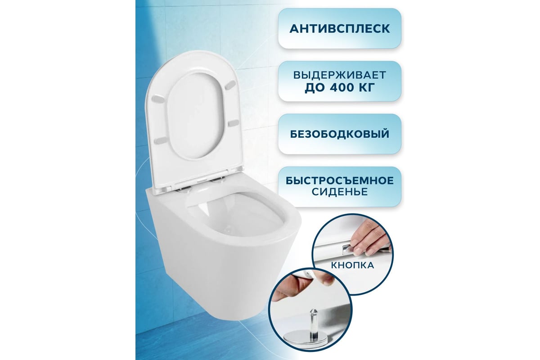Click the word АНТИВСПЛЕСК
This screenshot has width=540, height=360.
339,29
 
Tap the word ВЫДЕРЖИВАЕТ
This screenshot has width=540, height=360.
340,75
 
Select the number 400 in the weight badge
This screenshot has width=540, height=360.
342,88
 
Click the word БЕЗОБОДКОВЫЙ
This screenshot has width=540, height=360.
340,134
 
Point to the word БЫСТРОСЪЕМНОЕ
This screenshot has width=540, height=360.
340,180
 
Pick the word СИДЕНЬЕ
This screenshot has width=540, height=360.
340,192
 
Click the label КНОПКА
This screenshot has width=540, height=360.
352,265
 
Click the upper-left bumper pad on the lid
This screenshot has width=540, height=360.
158,99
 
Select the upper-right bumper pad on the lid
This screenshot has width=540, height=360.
230,85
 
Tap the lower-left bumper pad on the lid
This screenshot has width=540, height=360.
161,140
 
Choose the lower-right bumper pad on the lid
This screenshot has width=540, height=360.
234,123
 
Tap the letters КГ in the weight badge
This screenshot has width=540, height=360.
366,88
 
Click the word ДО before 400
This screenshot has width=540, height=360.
315,88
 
